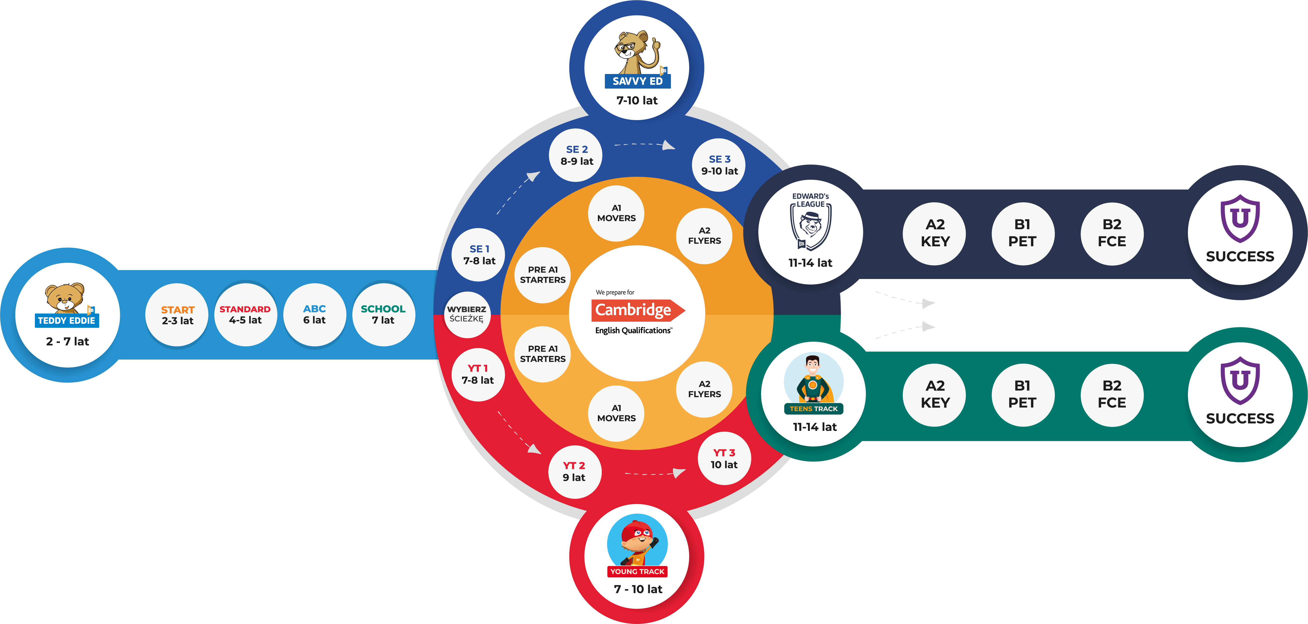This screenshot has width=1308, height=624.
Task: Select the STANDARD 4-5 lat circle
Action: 245,315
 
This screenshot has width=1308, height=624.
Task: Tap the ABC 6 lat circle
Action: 314,315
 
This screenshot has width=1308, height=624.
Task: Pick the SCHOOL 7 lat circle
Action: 383,315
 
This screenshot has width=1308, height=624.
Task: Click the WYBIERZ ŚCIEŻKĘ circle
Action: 467,314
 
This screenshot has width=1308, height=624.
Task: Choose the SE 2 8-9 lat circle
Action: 576,155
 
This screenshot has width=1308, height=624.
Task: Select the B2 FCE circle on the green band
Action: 1111,394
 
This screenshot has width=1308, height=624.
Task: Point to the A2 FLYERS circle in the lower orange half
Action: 704,389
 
